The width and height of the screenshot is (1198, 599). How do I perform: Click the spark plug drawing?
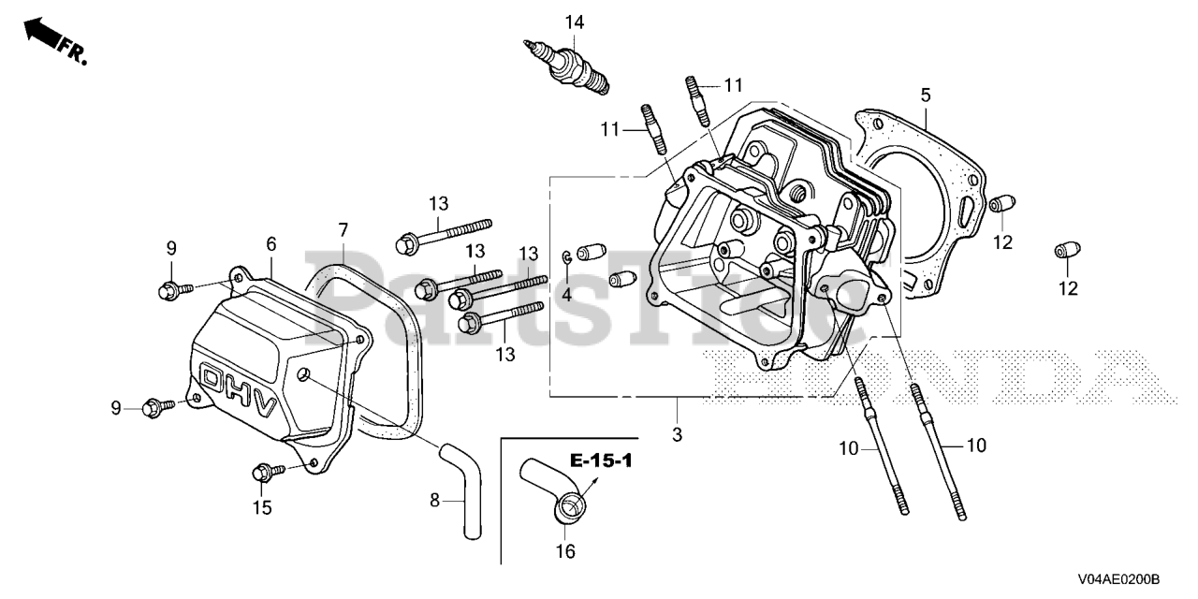pyautogui.click(x=568, y=66)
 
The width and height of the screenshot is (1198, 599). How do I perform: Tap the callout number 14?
pyautogui.click(x=574, y=22)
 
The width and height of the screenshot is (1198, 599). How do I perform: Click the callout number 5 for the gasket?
pyautogui.click(x=925, y=95)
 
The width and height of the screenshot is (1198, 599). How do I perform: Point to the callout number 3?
pyautogui.click(x=677, y=435)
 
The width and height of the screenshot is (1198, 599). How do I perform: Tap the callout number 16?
pyautogui.click(x=565, y=551)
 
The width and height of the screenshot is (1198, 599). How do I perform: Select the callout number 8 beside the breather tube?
pyautogui.click(x=434, y=501)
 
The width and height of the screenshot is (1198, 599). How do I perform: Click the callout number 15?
pyautogui.click(x=261, y=508)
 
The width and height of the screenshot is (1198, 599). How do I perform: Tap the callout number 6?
pyautogui.click(x=271, y=244)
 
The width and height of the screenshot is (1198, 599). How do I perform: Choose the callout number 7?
pyautogui.click(x=343, y=229)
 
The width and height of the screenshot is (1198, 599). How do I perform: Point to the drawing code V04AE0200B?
pyautogui.click(x=1118, y=581)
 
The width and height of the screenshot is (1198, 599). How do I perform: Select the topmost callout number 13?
pyautogui.click(x=440, y=204)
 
